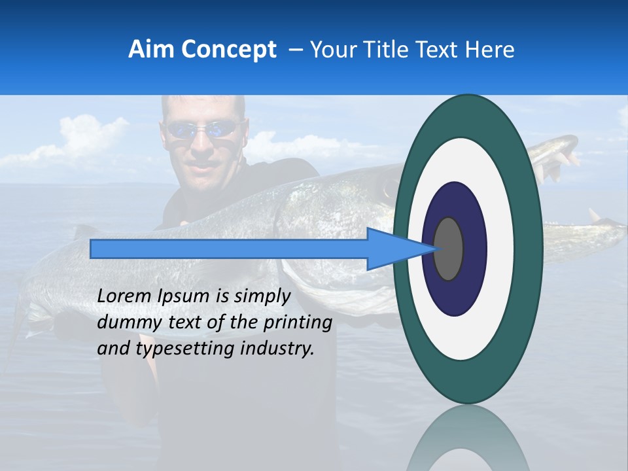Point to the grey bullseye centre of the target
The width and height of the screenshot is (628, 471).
point(449,249)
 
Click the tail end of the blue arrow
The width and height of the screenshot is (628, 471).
point(95,249)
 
